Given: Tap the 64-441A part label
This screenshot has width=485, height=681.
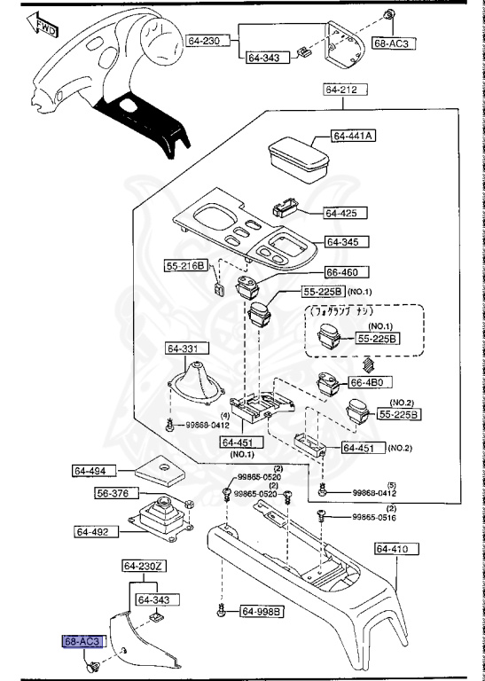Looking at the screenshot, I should [x=354, y=136].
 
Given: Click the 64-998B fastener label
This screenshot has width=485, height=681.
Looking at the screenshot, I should [x=260, y=611].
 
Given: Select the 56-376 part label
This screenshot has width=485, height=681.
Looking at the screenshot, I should [x=113, y=493].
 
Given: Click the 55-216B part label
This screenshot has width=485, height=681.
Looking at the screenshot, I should [x=185, y=265].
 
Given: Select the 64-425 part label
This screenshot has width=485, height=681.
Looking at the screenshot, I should [x=340, y=213].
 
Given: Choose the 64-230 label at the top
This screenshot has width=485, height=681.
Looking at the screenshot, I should [x=206, y=40].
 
